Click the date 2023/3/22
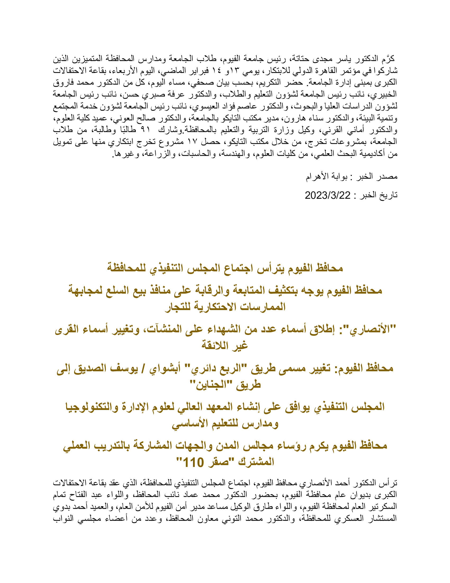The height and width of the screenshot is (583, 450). (327, 196)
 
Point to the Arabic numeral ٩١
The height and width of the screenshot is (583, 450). (145, 130)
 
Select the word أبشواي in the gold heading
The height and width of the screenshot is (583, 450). (165, 369)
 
